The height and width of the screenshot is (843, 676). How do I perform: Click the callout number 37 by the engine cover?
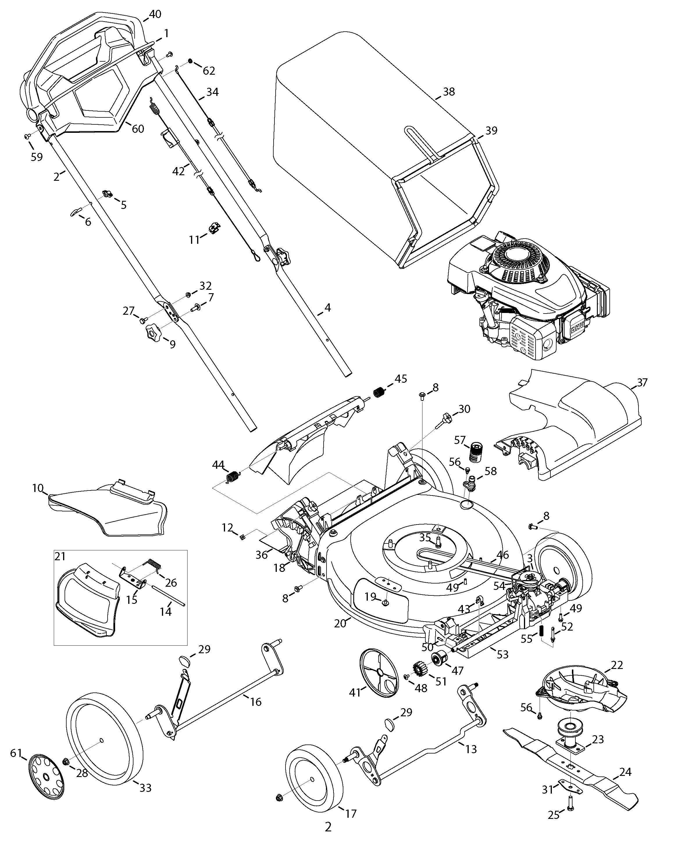pyautogui.click(x=642, y=382)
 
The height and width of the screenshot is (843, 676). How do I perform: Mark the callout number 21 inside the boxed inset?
pyautogui.click(x=60, y=556)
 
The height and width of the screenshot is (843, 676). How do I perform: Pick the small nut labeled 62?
pyautogui.click(x=190, y=61)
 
